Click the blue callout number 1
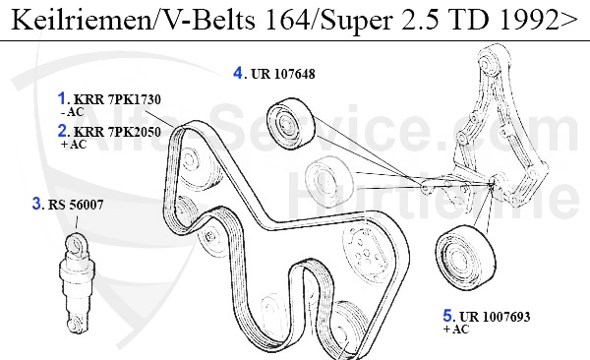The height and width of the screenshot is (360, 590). pos(63,98)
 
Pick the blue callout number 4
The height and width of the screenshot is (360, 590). pos(239,71)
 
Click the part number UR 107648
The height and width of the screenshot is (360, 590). pos(282,73)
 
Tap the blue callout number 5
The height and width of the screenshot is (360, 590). pos(447,316)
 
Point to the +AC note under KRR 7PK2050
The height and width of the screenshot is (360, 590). pos(74,145)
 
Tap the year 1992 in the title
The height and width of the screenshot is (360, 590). pos(524,20)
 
